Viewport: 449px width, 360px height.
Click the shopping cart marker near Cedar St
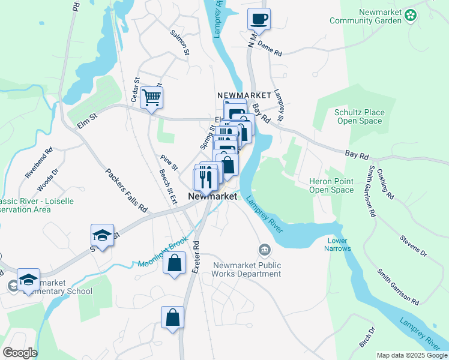(152, 97)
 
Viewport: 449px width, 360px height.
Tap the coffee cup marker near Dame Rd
(259, 19)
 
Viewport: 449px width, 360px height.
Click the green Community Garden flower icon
(411, 14)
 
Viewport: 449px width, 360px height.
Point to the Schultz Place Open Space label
(358, 116)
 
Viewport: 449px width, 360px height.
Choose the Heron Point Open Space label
(331, 185)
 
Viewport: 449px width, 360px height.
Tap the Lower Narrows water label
(337, 244)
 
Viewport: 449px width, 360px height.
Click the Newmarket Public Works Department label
(247, 269)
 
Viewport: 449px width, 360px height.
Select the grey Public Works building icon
(264, 249)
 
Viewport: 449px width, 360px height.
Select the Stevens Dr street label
(414, 246)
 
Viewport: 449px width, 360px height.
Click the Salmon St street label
(179, 43)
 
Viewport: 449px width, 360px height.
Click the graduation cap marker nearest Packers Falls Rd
(103, 236)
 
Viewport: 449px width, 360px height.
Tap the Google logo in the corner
(20, 353)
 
